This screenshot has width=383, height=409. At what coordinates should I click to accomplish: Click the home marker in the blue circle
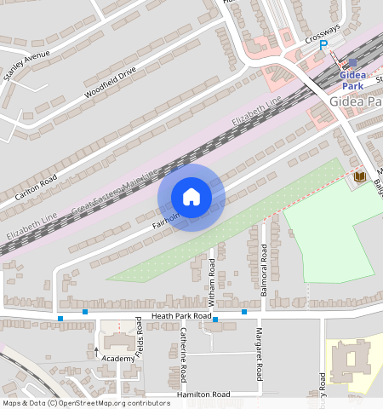pos(191,197)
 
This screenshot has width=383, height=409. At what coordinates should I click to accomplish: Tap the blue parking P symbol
pos(323,45)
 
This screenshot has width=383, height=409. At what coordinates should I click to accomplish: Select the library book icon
pos(359,176)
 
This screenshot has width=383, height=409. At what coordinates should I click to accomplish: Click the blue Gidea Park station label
pos(352,80)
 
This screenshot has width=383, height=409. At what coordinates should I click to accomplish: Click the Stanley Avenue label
pos(26,64)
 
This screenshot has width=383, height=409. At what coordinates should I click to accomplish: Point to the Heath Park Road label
pos(180,316)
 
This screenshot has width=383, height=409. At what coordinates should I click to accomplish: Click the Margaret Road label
pos(259,355)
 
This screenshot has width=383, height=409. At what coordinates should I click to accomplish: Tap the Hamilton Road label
pos(203,395)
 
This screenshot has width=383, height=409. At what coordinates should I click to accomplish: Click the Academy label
pos(118,359)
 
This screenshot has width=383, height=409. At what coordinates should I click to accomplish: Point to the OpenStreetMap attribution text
pos(86,403)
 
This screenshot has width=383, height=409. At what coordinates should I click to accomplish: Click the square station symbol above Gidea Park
pos(352,63)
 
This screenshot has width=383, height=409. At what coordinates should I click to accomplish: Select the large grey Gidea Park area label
pos(356,102)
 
